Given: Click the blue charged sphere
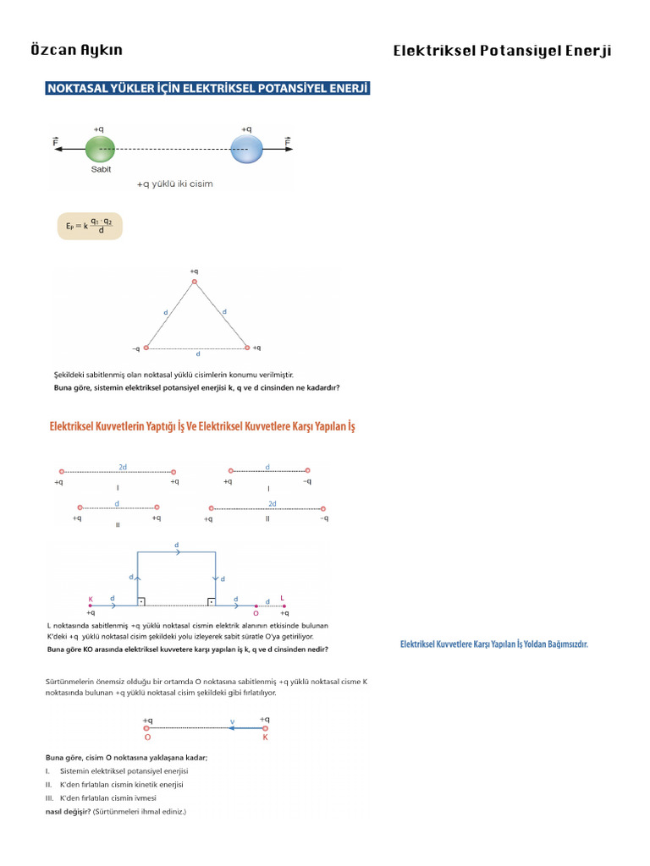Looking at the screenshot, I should pos(246,149).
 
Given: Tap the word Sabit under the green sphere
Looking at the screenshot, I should pos(101,169).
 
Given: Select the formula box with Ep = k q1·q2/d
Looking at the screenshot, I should pos(89,226).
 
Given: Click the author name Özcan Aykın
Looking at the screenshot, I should pos(76,50).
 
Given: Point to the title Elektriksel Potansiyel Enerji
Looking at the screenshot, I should pos(502,51).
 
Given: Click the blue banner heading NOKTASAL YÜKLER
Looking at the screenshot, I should pos(207,88).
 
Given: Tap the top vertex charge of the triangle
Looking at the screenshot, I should pos(195,282).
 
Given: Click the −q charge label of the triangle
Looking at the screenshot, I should pos(135,348).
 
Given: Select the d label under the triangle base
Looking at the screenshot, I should pos(198,354).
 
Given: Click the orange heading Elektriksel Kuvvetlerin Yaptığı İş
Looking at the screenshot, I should pos(202,427).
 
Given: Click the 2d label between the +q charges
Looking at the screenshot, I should pos(123,466).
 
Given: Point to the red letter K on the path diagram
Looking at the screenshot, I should pos(91,600).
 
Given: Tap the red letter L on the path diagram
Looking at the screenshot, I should pos(282,599).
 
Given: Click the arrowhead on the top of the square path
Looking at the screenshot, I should pos(177,552).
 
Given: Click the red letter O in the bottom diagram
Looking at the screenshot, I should pos(147,737).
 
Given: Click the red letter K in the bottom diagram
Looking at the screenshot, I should pos(265,737).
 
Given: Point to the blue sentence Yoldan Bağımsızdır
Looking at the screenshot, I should pos(493,644).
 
